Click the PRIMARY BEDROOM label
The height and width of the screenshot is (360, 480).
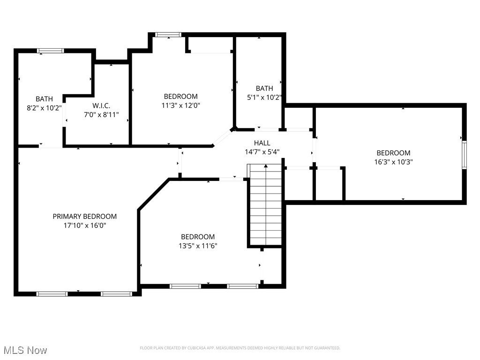pos(84,216)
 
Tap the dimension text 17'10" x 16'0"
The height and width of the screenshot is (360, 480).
pos(84,225)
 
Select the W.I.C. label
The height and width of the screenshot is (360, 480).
pos(101,105)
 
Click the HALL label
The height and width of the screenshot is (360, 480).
pos(262,142)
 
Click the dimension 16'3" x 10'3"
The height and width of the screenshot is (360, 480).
pos(393,162)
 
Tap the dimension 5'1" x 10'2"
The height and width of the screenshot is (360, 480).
pos(264,97)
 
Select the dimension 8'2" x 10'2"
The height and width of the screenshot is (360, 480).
pos(44,108)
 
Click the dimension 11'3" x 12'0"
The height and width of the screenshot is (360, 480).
pos(180,105)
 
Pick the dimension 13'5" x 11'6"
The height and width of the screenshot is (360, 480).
pos(198,246)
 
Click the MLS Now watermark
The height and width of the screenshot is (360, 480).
pos(25,350)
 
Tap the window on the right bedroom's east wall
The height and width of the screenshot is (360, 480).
pos(464,155)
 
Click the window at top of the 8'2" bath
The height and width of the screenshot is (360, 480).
pos(51,51)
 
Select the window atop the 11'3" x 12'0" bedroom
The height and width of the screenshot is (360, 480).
pos(168,34)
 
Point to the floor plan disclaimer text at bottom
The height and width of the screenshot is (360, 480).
pos(240,348)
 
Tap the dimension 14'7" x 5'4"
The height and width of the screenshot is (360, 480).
pos(262,151)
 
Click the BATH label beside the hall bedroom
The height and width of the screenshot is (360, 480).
pos(264,88)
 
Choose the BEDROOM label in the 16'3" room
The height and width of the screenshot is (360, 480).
pos(393,153)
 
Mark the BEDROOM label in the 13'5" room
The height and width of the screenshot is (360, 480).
pos(198,237)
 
